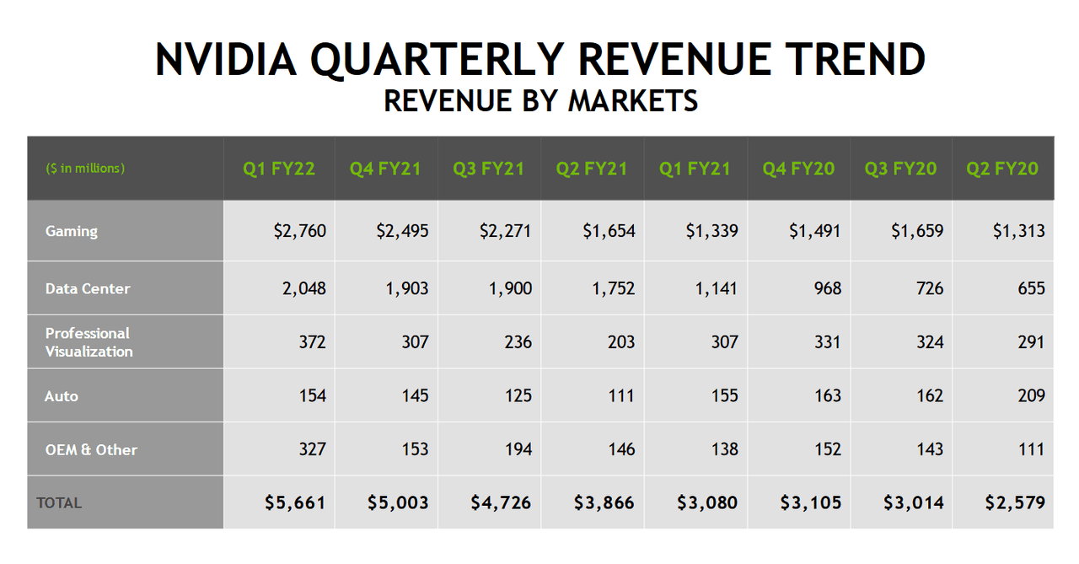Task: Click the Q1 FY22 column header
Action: [279, 169]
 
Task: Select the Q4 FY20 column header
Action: [798, 169]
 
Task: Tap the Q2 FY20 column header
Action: [1002, 169]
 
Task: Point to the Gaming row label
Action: [72, 231]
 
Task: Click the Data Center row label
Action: [88, 288]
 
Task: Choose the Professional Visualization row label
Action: [89, 342]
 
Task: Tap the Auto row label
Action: [62, 396]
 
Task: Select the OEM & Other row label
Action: [91, 450]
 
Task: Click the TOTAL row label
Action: [59, 503]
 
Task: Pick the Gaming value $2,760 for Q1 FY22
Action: [299, 231]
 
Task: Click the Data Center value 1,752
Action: [609, 288]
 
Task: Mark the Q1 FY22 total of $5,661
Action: [294, 503]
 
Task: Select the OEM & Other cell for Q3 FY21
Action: [517, 450]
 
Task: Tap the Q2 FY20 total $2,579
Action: [1015, 503]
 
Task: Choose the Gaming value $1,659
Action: [917, 231]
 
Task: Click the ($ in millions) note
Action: [85, 169]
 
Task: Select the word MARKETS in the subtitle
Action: [633, 101]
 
